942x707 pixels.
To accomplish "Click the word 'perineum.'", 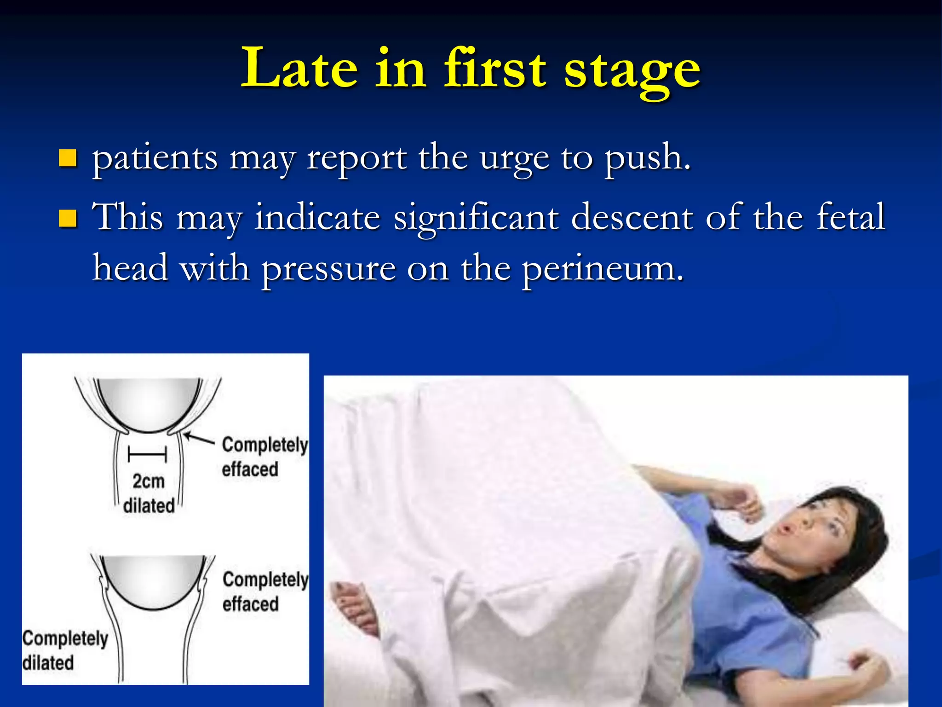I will [x=603, y=269].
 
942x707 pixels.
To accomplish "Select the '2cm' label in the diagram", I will [x=148, y=481].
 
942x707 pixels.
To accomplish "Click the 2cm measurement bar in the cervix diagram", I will [x=147, y=455].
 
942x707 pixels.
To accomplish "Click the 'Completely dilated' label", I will [x=64, y=650].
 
